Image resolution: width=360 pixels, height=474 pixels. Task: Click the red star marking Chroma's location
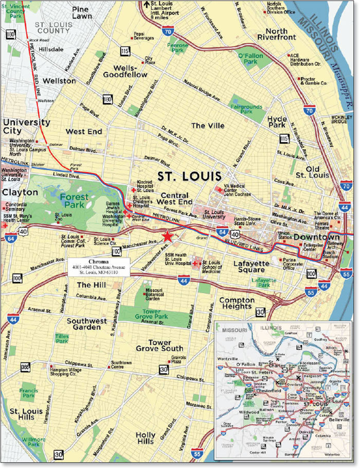point(167,236)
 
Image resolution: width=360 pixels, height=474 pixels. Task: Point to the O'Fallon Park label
point(251,58)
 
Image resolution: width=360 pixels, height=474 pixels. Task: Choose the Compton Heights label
point(237,304)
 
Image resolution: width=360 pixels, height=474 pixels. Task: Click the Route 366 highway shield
point(25,367)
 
